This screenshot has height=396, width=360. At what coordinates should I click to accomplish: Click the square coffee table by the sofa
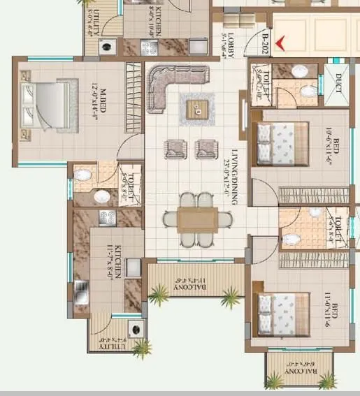click(x=196, y=108)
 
